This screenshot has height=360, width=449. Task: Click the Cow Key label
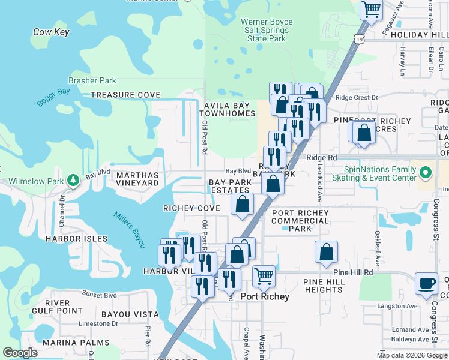[x=51, y=32]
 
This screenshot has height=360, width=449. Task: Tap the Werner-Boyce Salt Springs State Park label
[x=267, y=30]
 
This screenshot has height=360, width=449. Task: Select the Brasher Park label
[x=92, y=80]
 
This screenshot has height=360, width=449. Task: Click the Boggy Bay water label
[x=53, y=97]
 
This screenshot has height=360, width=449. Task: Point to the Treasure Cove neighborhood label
[x=125, y=95]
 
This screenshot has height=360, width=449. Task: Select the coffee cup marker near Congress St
[x=427, y=283]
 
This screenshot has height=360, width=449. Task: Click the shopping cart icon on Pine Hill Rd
[x=264, y=277]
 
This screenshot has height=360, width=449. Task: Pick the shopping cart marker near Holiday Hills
[x=372, y=10]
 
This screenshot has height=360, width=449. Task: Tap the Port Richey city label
[x=265, y=296]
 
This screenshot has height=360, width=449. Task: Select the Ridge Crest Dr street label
[x=357, y=97]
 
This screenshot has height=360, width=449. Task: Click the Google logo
[x=20, y=353]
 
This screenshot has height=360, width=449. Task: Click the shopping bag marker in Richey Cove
[x=242, y=205]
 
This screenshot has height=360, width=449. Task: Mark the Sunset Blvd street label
[x=100, y=295]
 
